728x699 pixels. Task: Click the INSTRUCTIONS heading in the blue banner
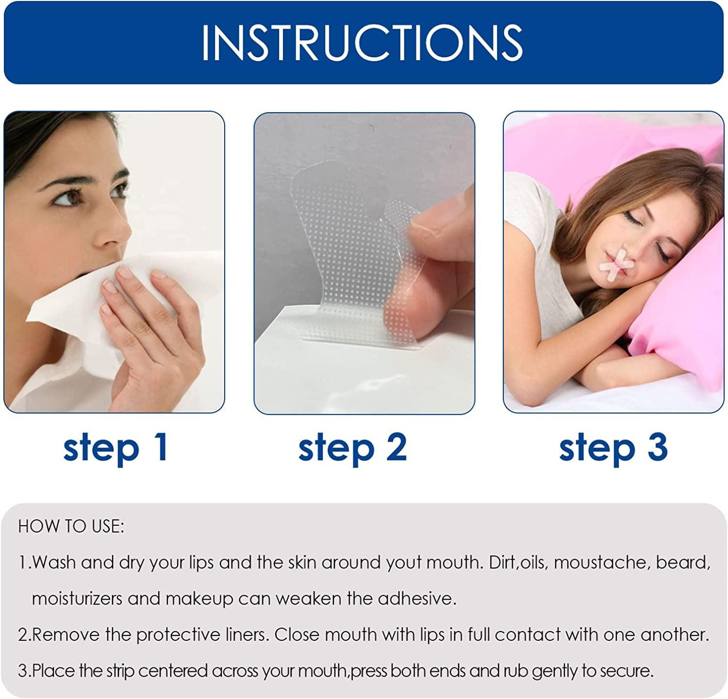pyautogui.click(x=362, y=43)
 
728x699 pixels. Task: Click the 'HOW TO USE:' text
pyautogui.click(x=71, y=527)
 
